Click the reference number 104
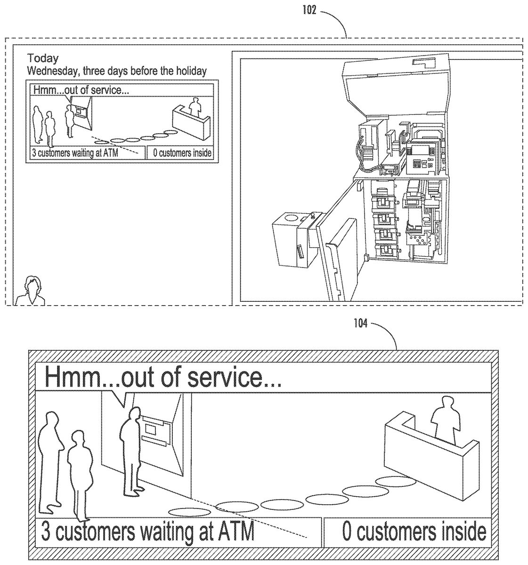tap(360, 324)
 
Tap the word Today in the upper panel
tap(43, 58)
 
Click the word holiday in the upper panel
tap(192, 71)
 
